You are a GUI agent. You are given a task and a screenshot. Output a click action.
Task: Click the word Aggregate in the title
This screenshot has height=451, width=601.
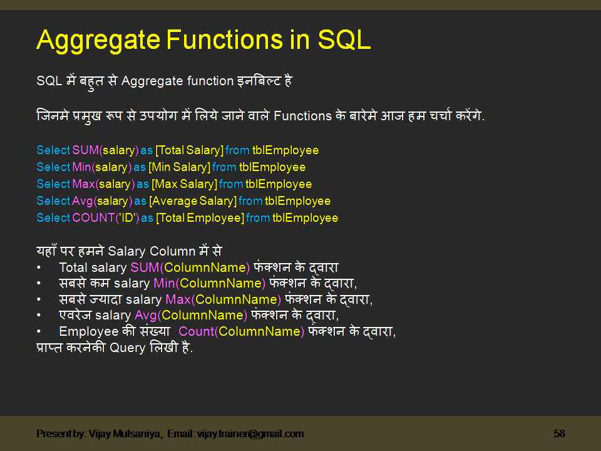click(98, 40)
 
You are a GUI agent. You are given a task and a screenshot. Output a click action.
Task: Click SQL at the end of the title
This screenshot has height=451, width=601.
click(344, 40)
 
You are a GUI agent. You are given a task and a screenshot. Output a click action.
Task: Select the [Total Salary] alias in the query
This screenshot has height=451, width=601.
click(189, 150)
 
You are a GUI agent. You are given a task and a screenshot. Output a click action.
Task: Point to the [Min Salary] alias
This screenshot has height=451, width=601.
click(178, 167)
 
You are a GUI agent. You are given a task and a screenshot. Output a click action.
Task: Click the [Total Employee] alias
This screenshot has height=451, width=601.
click(200, 218)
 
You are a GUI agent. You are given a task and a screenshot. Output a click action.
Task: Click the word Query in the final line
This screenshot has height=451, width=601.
click(128, 348)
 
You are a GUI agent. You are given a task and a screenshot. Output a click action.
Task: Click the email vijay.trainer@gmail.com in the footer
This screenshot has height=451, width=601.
click(250, 433)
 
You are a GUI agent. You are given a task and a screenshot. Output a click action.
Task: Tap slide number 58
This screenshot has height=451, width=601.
click(559, 433)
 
